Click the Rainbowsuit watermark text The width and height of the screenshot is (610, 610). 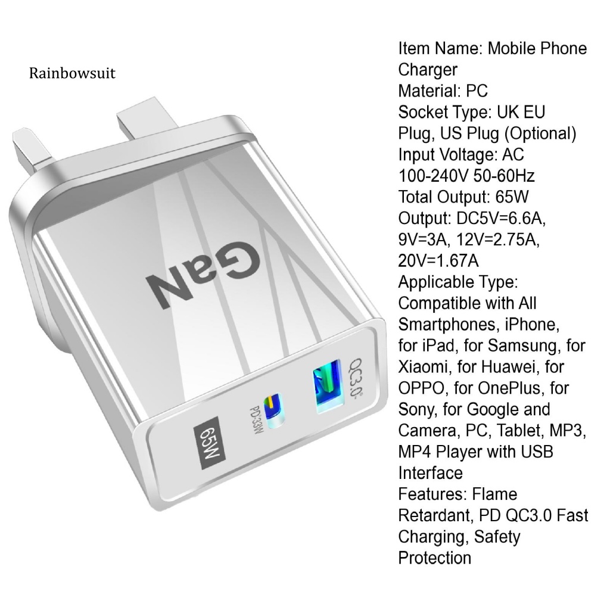(72, 73)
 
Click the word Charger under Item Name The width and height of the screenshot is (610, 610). (428, 70)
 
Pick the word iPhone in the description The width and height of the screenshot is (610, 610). (532, 325)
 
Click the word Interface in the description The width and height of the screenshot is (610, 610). (430, 473)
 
